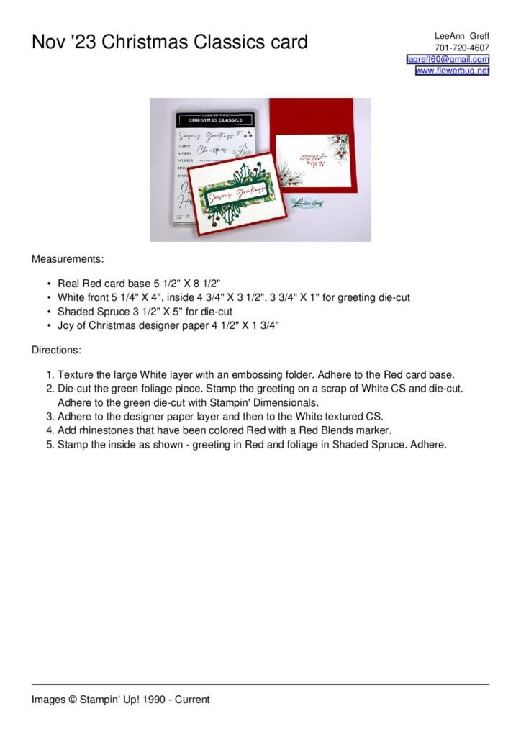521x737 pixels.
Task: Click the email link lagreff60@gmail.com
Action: [448, 59]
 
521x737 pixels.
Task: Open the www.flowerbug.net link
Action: [452, 71]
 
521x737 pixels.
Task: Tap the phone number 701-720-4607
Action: [462, 48]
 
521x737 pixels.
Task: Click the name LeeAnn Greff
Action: [461, 35]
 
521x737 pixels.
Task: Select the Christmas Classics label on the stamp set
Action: [210, 119]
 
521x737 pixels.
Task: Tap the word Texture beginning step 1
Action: [76, 375]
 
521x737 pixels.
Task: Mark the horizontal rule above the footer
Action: [260, 684]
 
